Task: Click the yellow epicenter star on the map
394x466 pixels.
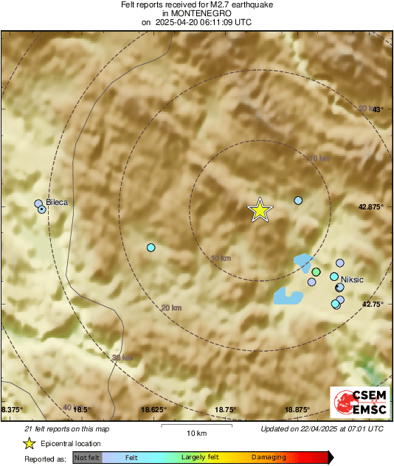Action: click(x=260, y=210)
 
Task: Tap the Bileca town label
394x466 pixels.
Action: click(x=58, y=201)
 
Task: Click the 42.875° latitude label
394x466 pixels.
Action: click(x=370, y=207)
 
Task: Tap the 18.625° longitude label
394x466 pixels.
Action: click(x=153, y=409)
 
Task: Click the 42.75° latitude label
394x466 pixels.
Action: click(x=372, y=304)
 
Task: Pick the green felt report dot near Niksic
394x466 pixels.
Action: click(x=316, y=272)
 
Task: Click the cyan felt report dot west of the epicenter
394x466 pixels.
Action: click(x=151, y=248)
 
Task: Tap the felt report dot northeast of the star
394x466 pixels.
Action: click(x=298, y=201)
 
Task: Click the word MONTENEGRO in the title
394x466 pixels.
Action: click(x=196, y=13)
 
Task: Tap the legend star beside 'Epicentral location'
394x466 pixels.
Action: click(x=29, y=444)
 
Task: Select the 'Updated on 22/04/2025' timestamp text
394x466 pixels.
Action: click(x=322, y=428)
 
